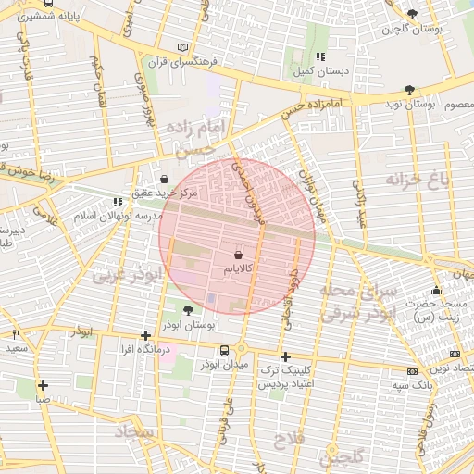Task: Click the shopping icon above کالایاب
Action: click(x=239, y=253)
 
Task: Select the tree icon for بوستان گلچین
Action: click(x=412, y=14)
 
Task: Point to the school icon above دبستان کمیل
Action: click(x=321, y=56)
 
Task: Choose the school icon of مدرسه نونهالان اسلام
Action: click(x=117, y=201)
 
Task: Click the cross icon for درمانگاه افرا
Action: click(x=144, y=335)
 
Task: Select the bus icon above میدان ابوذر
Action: click(x=225, y=349)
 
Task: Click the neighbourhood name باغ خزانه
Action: click(x=418, y=179)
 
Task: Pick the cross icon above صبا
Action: click(x=43, y=385)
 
